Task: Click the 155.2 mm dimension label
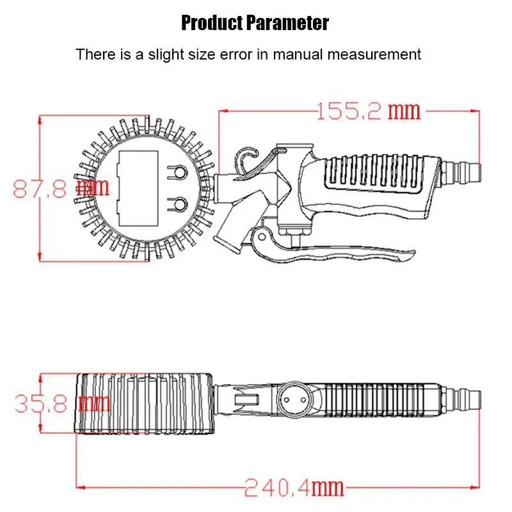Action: (x=369, y=111)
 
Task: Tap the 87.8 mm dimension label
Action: (x=61, y=188)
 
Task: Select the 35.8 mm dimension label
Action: (x=63, y=403)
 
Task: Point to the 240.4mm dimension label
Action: (x=294, y=488)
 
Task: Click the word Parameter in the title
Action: (x=287, y=23)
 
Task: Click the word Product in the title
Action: (x=212, y=23)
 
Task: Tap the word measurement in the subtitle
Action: (x=374, y=54)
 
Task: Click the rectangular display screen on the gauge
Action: (x=138, y=188)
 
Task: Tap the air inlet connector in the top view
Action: (x=460, y=400)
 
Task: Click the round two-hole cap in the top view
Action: (x=295, y=399)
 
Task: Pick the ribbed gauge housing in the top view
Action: (x=145, y=404)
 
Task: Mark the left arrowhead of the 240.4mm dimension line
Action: (x=78, y=488)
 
